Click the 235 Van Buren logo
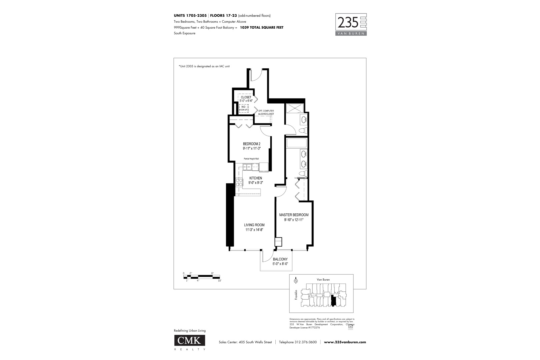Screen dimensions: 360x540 click(351, 24)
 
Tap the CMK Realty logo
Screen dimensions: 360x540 click(190, 340)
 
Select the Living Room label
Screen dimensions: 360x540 click(254, 227)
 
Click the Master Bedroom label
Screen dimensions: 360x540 click(294, 217)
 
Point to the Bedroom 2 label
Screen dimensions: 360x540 click(251, 146)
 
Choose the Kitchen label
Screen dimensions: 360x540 click(255, 180)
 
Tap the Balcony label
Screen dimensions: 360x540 click(280, 261)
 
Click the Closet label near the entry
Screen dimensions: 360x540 click(246, 99)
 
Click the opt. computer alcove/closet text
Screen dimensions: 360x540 click(266, 112)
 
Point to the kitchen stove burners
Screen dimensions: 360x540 click(239, 182)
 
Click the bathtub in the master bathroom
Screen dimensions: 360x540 click(296, 143)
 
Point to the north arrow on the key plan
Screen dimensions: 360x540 click(296, 281)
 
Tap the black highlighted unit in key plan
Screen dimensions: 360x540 click(333, 300)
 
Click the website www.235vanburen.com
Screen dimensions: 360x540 click(345, 342)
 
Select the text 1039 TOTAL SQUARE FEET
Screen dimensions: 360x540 click(262, 28)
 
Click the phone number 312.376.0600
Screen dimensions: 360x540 click(306, 342)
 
